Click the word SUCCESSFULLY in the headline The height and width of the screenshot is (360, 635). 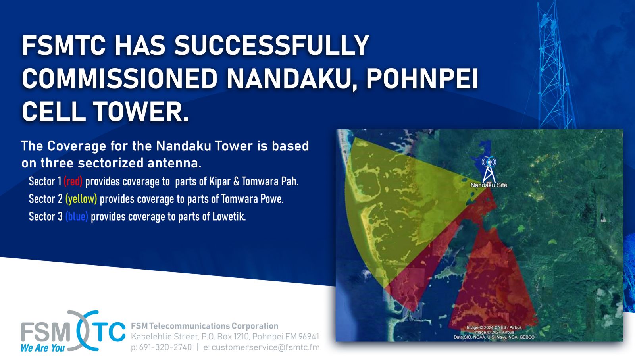[x=271, y=45]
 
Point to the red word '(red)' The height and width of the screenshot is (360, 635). [x=73, y=181]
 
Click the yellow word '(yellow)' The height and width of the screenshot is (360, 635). [x=81, y=199]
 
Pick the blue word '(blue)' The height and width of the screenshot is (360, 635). [x=77, y=217]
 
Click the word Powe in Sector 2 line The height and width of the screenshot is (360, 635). [x=272, y=199]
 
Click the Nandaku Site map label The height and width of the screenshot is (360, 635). [x=489, y=185]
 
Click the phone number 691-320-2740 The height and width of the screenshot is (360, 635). [x=165, y=347]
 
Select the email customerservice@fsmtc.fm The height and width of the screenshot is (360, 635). [x=266, y=347]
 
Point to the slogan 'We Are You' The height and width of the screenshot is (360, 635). [x=43, y=348]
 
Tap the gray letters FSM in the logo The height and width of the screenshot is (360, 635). [x=46, y=332]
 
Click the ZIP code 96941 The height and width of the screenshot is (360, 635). [x=309, y=337]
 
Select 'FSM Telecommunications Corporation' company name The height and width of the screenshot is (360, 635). [x=204, y=326]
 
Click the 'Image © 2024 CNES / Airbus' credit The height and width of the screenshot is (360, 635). [x=494, y=327]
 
